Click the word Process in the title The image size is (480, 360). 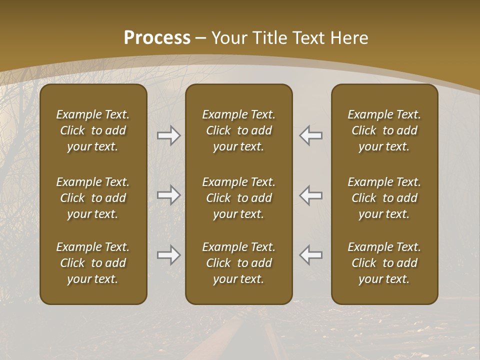pyautogui.click(x=157, y=38)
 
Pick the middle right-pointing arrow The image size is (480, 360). pyautogui.click(x=169, y=195)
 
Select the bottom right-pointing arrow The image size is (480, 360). pyautogui.click(x=169, y=255)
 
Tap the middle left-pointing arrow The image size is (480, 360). pyautogui.click(x=311, y=195)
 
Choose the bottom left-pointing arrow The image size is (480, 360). pyautogui.click(x=311, y=255)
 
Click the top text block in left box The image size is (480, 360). pyautogui.click(x=93, y=130)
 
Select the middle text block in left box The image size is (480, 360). pyautogui.click(x=93, y=198)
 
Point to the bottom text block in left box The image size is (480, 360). pyautogui.click(x=93, y=263)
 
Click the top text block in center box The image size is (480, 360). pyautogui.click(x=239, y=130)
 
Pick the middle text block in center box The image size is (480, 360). pyautogui.click(x=239, y=198)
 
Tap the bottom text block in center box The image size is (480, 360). pyautogui.click(x=239, y=263)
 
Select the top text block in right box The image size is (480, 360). pyautogui.click(x=384, y=130)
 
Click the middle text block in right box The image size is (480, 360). pyautogui.click(x=384, y=198)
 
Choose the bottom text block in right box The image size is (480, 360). pyautogui.click(x=384, y=263)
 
